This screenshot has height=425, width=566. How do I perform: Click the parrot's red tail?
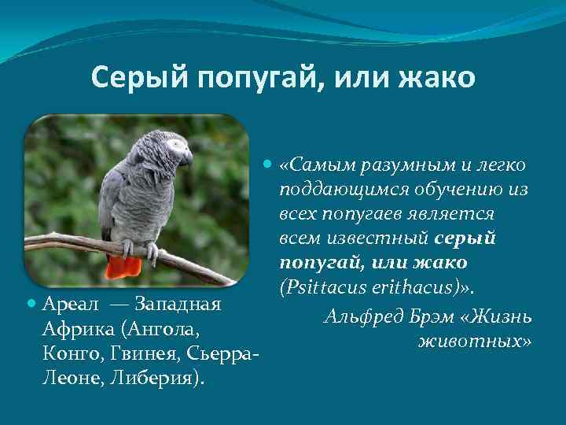pos(125,266)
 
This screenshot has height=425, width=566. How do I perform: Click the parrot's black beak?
pos(188,157)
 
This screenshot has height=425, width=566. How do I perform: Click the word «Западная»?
pos(180,303)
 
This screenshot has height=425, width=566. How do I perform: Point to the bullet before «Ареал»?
pos(32,303)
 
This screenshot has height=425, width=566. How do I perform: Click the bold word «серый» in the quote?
pos(465,237)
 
